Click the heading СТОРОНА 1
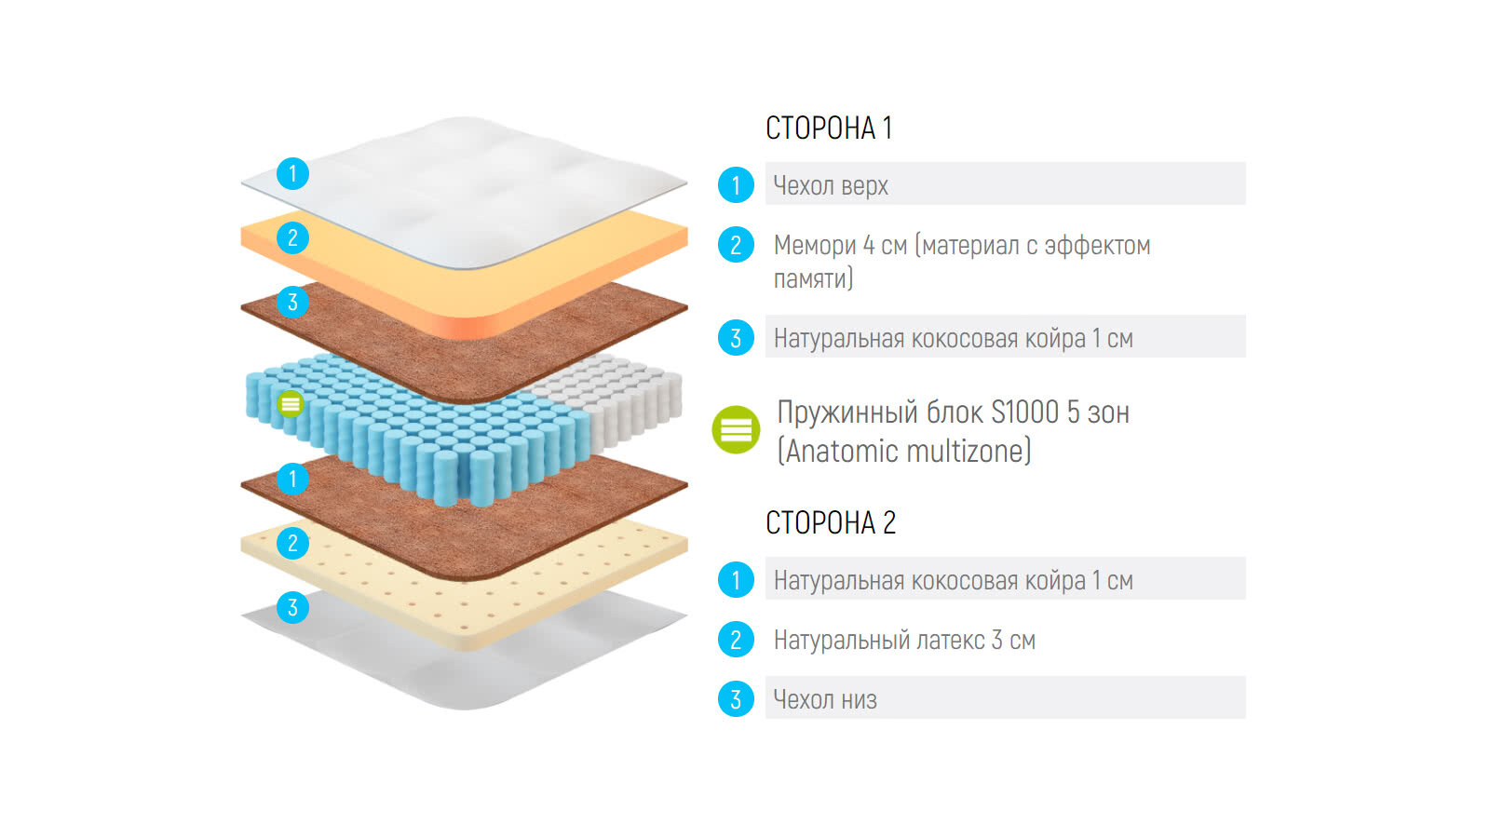[828, 128]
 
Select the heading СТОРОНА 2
[830, 523]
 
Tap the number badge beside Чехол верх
[736, 185]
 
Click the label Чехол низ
[825, 699]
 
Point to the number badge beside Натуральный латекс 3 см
[736, 640]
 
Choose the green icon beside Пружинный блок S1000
[736, 430]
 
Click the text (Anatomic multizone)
[904, 452]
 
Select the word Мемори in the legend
[815, 246]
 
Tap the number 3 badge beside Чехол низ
[736, 699]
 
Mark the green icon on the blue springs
[291, 404]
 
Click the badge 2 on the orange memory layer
[292, 238]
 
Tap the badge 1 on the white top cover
[292, 173]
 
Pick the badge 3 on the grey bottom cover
[292, 608]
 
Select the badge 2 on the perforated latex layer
[292, 544]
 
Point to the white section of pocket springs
[624, 396]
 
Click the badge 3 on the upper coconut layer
[292, 303]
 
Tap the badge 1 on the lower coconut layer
[292, 480]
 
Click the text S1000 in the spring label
[1024, 412]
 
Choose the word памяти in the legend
[813, 278]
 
